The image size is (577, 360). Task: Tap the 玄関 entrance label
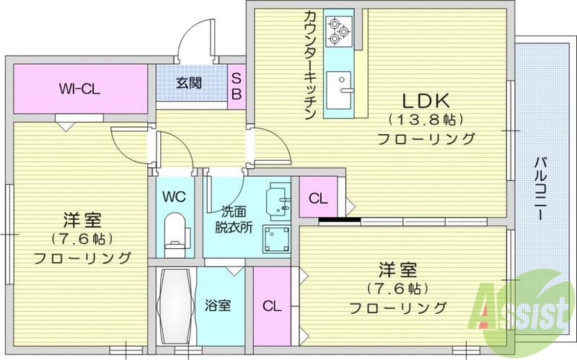coord(189,82)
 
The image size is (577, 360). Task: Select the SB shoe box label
coord(236,88)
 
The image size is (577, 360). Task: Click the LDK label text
coord(426,100)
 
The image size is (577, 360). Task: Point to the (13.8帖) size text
coord(426,119)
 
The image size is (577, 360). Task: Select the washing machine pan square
coord(276,239)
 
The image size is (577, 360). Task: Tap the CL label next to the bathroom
coord(271,305)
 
